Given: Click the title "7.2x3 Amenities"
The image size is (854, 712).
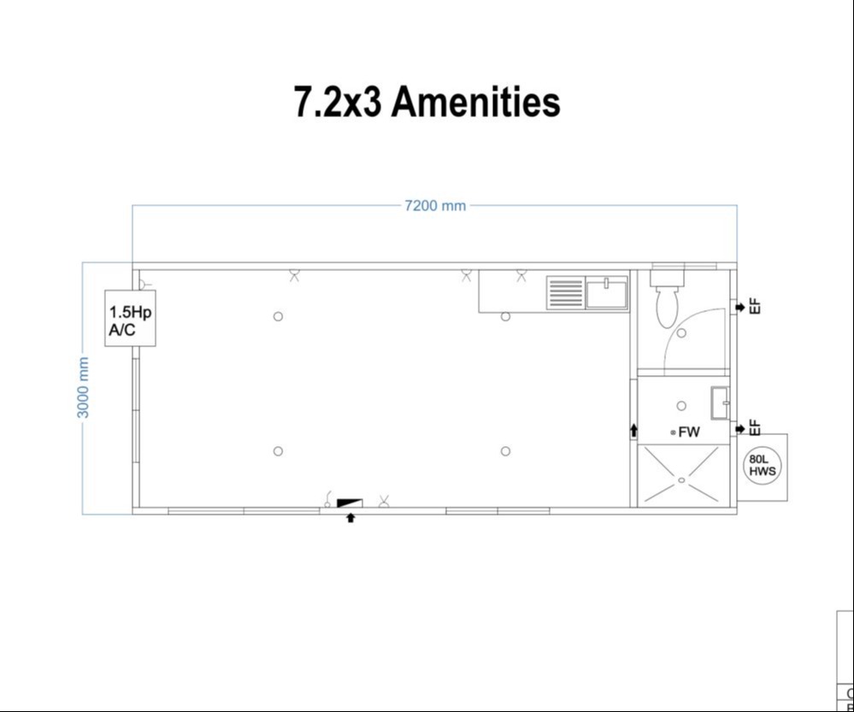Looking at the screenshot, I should pyautogui.click(x=427, y=102).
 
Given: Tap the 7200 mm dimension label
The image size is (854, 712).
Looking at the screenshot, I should pyautogui.click(x=435, y=205).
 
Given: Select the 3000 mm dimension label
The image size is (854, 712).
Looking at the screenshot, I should pyautogui.click(x=84, y=388).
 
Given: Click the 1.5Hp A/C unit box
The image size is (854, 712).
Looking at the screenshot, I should pyautogui.click(x=130, y=318).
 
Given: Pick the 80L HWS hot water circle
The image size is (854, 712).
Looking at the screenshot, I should pyautogui.click(x=761, y=466).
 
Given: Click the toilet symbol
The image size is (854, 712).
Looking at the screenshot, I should pyautogui.click(x=667, y=299).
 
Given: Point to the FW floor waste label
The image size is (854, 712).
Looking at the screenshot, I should pyautogui.click(x=689, y=432).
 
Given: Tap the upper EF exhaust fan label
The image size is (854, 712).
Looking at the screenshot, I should pyautogui.click(x=754, y=306).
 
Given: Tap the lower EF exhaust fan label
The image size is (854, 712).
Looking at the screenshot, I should pyautogui.click(x=754, y=427).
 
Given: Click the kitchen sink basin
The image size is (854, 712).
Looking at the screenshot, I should pyautogui.click(x=606, y=292).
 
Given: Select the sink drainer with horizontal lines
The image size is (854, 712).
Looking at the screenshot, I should pyautogui.click(x=564, y=292).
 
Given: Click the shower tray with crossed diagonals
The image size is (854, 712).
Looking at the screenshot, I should pyautogui.click(x=681, y=476).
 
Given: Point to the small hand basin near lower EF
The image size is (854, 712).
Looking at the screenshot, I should pyautogui.click(x=721, y=398).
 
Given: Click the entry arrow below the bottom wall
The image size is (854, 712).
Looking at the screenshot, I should pyautogui.click(x=350, y=517).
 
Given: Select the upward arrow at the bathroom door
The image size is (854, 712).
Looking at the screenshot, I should pyautogui.click(x=633, y=430).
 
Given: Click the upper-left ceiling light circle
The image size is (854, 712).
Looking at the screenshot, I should pyautogui.click(x=278, y=316).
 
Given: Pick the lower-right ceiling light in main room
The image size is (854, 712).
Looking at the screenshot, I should pyautogui.click(x=505, y=451).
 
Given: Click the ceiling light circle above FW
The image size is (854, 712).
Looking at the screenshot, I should pyautogui.click(x=681, y=406).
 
